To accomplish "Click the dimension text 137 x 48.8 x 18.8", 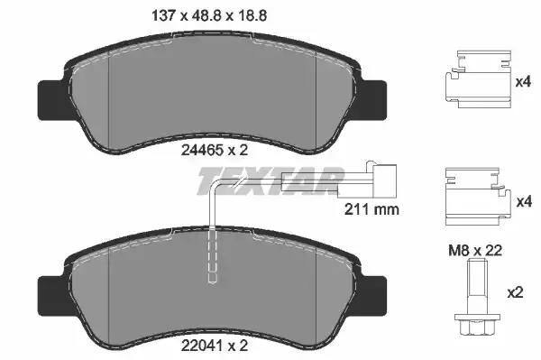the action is (x=209, y=16).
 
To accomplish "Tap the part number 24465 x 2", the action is (x=215, y=150).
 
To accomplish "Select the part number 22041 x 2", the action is (x=215, y=346).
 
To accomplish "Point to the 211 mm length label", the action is (x=371, y=209).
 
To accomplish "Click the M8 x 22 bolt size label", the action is (x=475, y=251).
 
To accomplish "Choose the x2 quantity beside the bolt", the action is (x=515, y=293).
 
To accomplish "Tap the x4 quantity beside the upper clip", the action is (x=523, y=82).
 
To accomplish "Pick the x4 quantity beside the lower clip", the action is (x=524, y=201).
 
